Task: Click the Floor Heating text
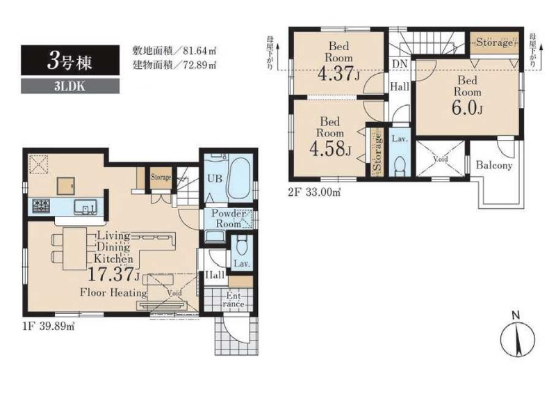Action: click(x=113, y=292)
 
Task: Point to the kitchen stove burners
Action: click(x=39, y=206)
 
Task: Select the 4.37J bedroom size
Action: click(x=337, y=73)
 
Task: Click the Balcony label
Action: click(x=494, y=166)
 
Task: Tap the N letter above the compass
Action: click(x=515, y=315)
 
